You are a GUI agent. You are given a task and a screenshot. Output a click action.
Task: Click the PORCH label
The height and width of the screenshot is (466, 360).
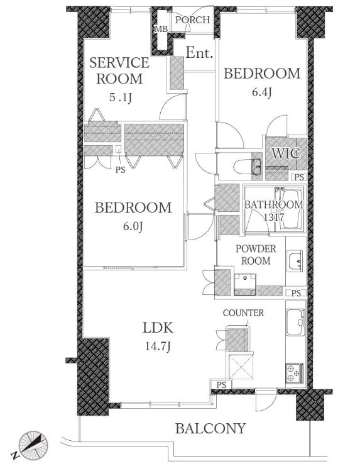tap(192, 20)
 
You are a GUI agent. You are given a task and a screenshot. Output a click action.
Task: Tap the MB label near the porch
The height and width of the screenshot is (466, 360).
tap(161, 29)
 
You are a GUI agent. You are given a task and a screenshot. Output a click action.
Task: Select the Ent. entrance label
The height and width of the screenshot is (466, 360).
tap(199, 53)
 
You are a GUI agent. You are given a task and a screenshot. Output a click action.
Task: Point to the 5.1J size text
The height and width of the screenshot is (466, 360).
tap(120, 97)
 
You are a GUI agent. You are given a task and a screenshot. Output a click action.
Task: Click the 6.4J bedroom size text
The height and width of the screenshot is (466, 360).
tap(262, 92)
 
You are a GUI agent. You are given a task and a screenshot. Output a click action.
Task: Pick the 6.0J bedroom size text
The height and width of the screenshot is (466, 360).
tap(133, 226)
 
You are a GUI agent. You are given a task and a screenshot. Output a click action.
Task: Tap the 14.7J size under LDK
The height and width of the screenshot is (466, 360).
tap(158, 347)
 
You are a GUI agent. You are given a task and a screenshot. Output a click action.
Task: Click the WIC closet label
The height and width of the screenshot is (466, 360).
tap(286, 153)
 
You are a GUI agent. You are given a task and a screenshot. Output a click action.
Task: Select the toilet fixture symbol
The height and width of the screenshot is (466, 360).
tap(247, 167)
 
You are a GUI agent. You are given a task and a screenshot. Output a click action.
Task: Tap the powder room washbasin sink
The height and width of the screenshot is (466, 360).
tap(295, 260)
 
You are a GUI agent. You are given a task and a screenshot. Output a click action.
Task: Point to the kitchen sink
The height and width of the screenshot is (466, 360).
tap(295, 323)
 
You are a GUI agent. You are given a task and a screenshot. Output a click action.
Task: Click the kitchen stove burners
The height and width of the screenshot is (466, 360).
tap(295, 374)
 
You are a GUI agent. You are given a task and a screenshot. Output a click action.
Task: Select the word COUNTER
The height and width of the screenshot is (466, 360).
tap(243, 313)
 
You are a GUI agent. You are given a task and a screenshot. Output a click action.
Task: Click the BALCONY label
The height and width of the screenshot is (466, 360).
tap(210, 428)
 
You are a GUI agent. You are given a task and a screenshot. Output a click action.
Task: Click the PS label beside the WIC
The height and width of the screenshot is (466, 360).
tap(300, 177)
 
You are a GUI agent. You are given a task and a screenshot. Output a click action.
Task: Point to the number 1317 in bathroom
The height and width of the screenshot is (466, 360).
tap(274, 217)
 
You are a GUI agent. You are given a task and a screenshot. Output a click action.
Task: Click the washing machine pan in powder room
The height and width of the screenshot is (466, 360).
tap(245, 284)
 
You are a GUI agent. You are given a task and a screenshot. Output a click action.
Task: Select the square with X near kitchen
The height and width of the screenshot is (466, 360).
tap(241, 367)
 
